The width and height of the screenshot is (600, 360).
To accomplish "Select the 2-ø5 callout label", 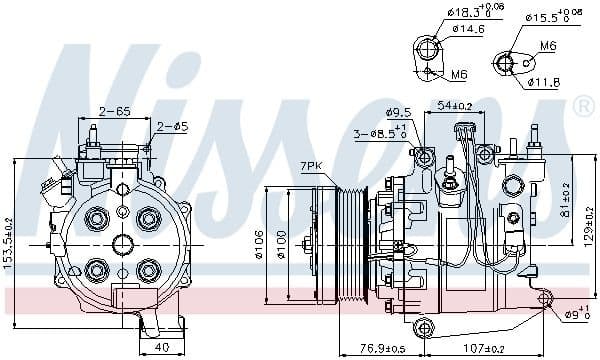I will click(x=172, y=127).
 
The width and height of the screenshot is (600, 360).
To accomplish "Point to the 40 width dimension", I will click(x=161, y=348).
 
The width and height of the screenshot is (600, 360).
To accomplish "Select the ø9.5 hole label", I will click(x=398, y=112).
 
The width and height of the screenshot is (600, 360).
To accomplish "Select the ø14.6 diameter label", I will click(x=467, y=30).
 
